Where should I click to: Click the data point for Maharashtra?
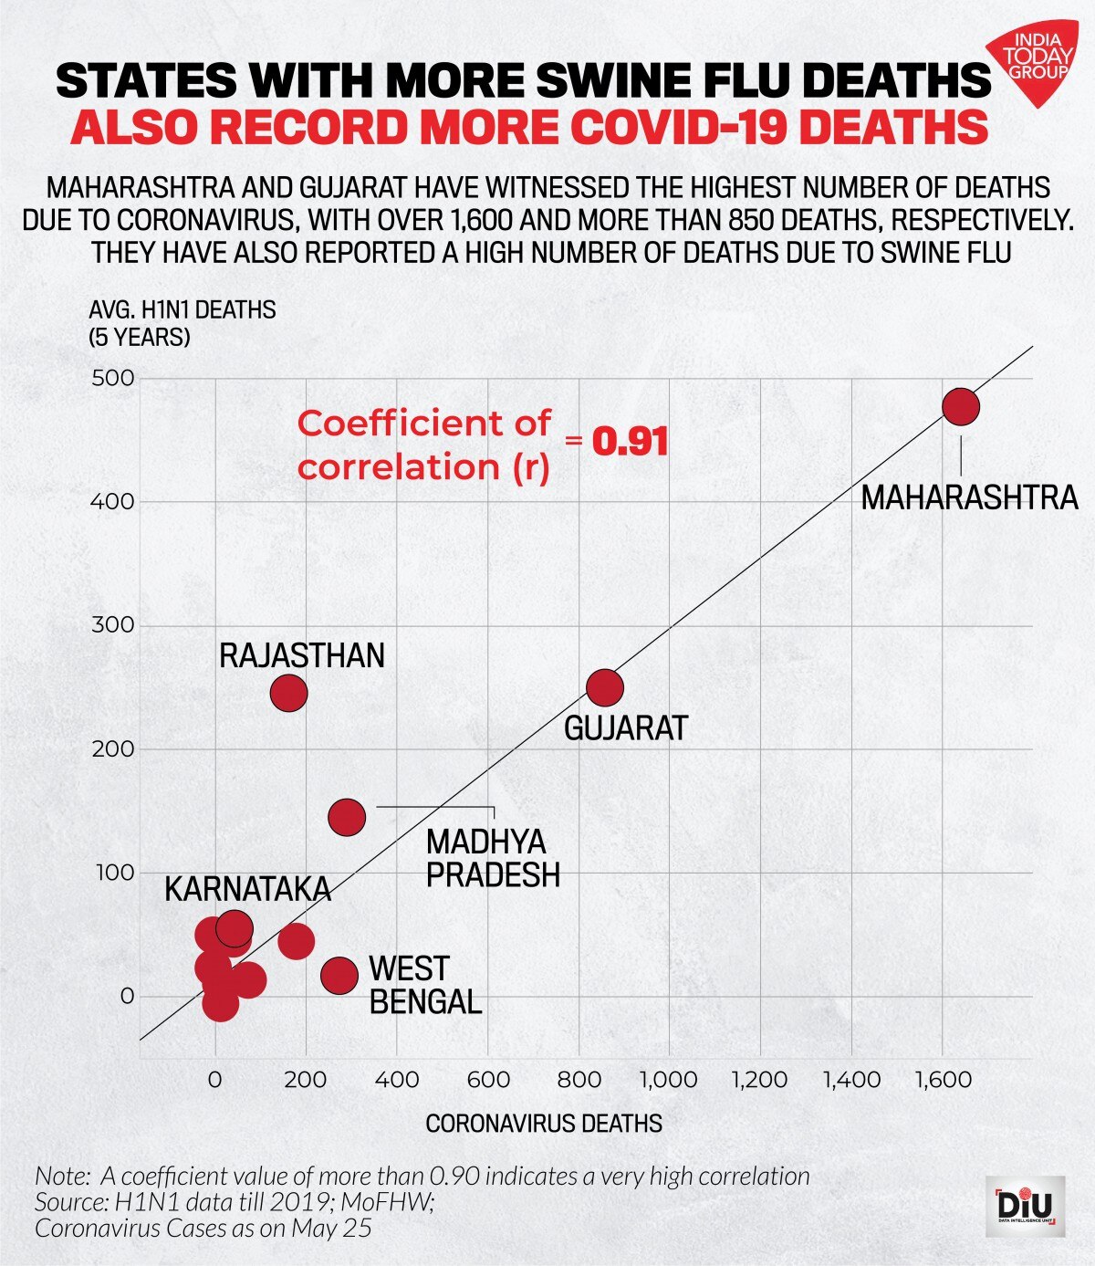point(961,406)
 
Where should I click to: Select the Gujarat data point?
point(604,686)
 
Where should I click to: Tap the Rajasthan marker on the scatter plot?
point(288,693)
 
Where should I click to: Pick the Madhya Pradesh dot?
point(347,816)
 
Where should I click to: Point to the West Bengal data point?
point(339,975)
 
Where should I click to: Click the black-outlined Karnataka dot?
point(234,929)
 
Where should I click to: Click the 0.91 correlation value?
point(631,443)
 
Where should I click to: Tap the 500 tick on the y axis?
point(113,378)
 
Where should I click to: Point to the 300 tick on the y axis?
point(113,625)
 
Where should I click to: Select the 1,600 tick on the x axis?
point(943,1080)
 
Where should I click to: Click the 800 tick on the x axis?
point(579,1080)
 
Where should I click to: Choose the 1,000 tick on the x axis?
point(668,1080)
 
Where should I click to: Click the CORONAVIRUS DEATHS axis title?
point(544,1123)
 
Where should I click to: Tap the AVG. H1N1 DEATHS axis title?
point(182,310)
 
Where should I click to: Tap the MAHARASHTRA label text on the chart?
point(969,498)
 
